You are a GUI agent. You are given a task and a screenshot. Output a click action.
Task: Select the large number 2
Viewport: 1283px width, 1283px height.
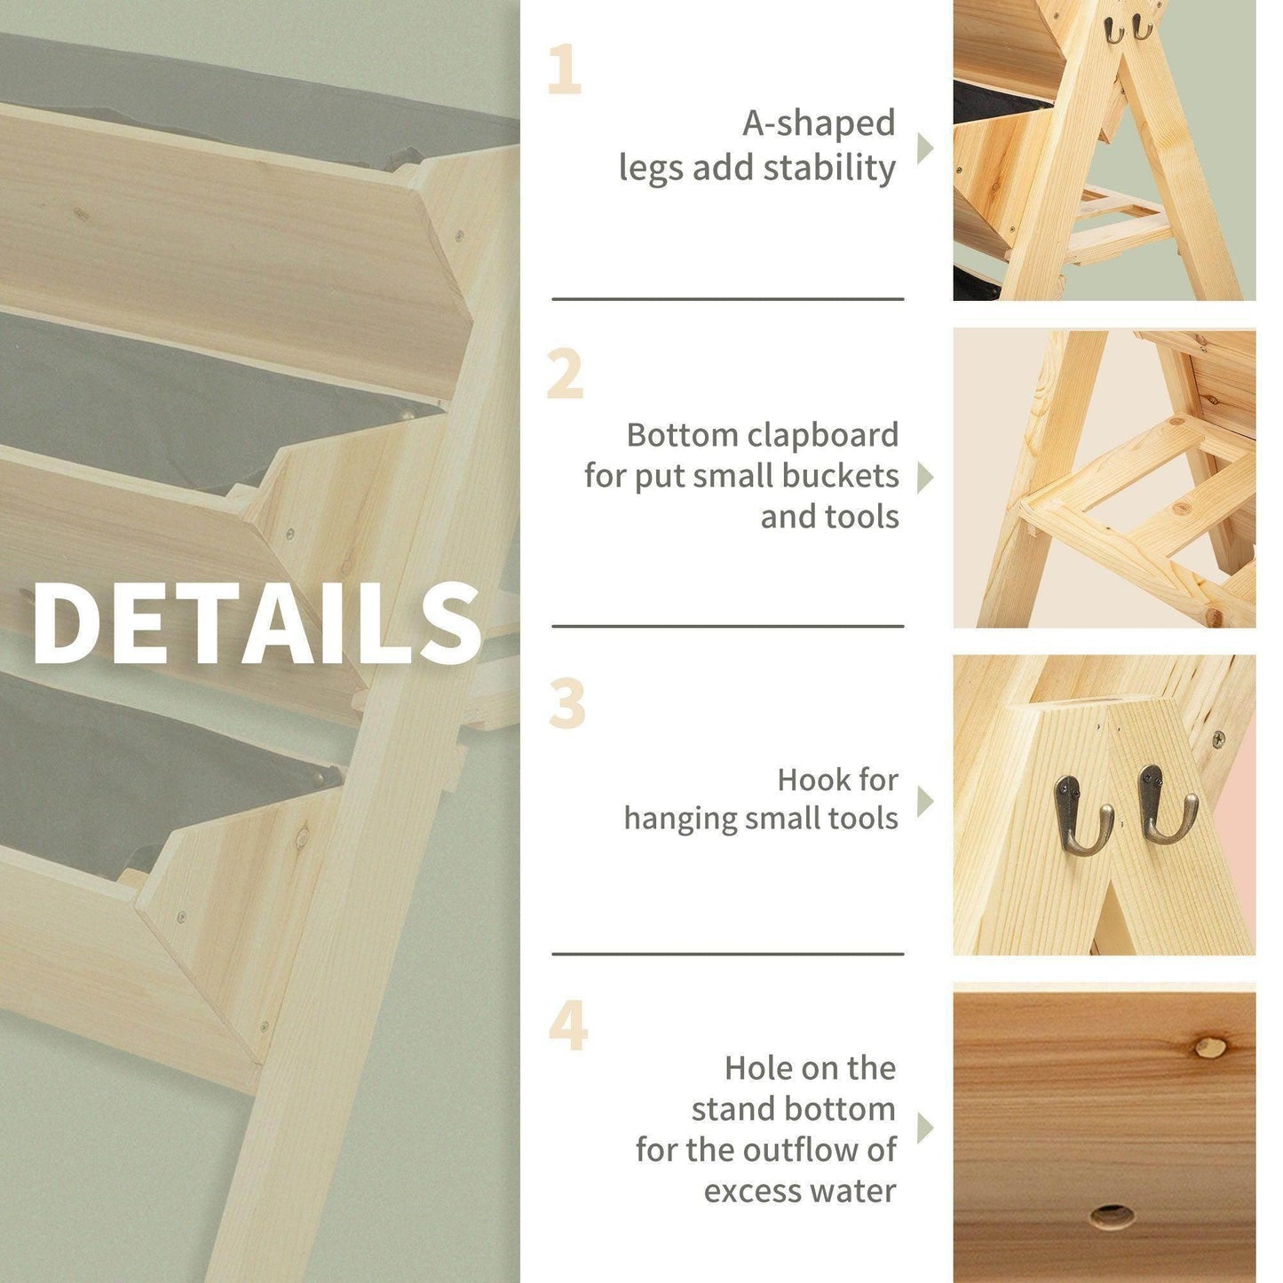[565, 375]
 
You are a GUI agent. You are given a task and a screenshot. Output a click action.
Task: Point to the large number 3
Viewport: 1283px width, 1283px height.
[567, 704]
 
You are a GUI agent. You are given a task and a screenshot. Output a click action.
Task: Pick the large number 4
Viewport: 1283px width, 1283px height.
[568, 1026]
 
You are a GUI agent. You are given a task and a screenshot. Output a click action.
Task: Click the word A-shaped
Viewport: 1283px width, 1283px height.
[818, 124]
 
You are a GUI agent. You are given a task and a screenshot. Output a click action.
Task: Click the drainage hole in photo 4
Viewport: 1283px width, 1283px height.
[1113, 1216]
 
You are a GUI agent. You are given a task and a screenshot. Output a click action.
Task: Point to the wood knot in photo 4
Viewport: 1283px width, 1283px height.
[1208, 1048]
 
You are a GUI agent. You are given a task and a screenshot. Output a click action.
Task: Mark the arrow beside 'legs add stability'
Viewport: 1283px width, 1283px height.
[924, 148]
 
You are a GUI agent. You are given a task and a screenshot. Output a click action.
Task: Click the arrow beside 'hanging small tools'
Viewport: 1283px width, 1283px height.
[924, 801]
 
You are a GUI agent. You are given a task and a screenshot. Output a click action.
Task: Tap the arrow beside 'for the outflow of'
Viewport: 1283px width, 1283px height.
[924, 1129]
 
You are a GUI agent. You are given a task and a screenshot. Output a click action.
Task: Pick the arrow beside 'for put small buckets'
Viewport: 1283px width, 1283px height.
[924, 477]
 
